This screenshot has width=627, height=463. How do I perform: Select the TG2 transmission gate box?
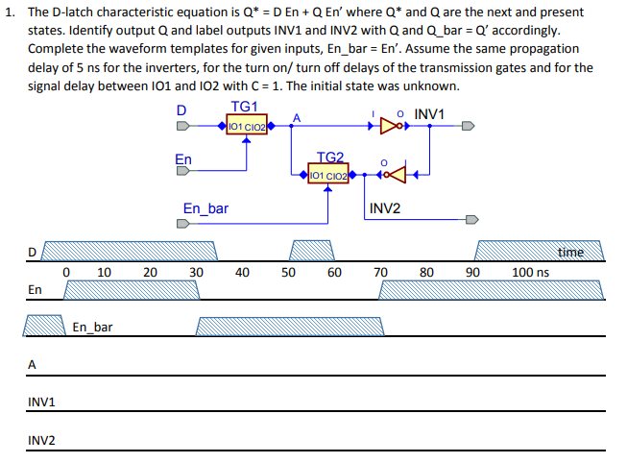click(x=329, y=175)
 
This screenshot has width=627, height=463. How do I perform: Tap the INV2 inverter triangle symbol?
click(x=396, y=175)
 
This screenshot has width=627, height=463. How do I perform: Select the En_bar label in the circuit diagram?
click(x=205, y=207)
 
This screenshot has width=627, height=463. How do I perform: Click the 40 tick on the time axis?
click(x=242, y=273)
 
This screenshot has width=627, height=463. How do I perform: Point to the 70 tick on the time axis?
click(x=380, y=273)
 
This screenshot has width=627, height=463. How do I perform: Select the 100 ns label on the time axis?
click(x=530, y=273)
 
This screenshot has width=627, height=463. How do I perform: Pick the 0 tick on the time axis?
click(x=65, y=273)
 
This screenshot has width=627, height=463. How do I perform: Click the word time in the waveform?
click(x=570, y=252)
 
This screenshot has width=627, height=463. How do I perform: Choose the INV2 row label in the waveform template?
click(x=41, y=441)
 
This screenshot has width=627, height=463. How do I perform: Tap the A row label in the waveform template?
click(x=32, y=364)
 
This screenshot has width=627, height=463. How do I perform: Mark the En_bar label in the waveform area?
click(x=92, y=328)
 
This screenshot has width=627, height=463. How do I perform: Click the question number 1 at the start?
click(x=9, y=12)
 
